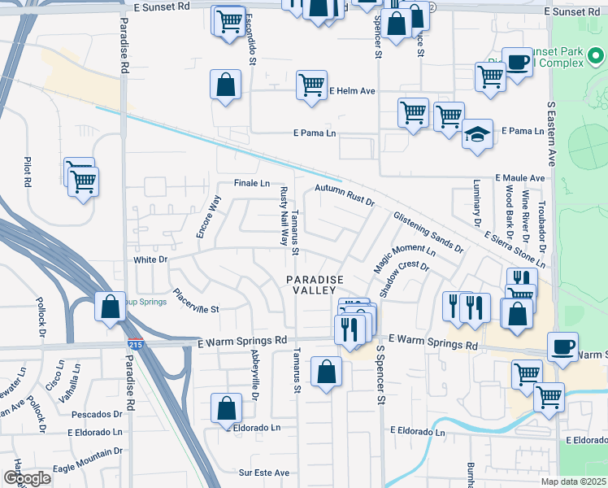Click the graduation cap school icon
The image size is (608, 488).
click(477, 134)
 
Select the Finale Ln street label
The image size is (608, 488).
click(251, 184)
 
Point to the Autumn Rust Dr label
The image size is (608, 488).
click(344, 194)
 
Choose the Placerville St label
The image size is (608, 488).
click(195, 302)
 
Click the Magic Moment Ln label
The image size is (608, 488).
click(399, 259)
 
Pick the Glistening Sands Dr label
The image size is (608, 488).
click(428, 233)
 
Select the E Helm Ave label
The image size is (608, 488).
click(351, 90)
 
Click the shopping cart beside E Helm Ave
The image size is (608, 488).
click(311, 84)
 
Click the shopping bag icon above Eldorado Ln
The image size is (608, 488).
click(226, 407)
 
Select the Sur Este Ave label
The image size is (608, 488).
click(264, 473)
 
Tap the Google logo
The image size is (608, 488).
click(27, 478)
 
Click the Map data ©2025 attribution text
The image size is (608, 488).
click(574, 481)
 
